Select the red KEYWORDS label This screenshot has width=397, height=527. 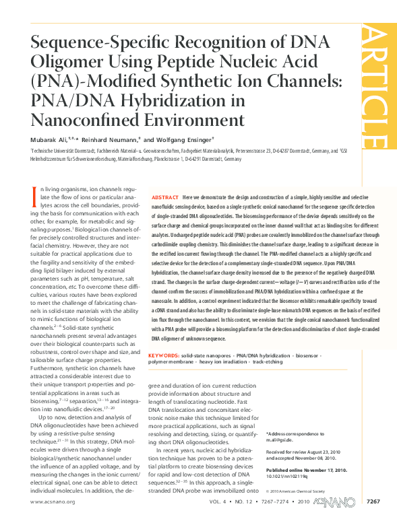point(163,335)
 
